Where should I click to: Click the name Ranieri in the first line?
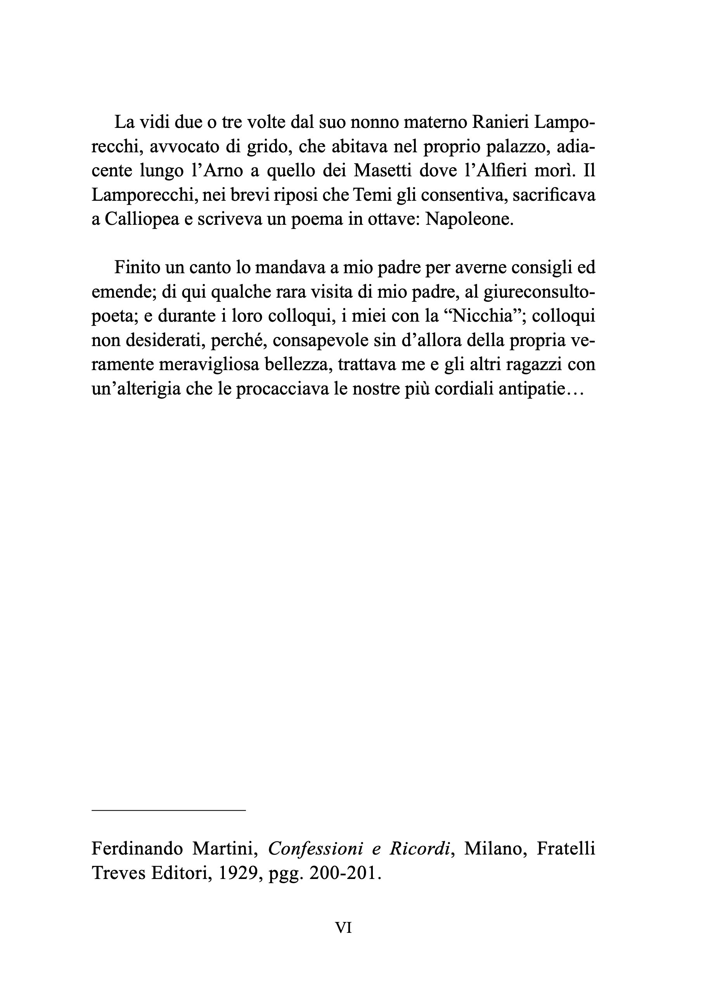[498, 123]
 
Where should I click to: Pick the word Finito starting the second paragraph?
[137, 268]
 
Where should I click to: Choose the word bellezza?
[296, 365]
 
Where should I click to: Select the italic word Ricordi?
[419, 849]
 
